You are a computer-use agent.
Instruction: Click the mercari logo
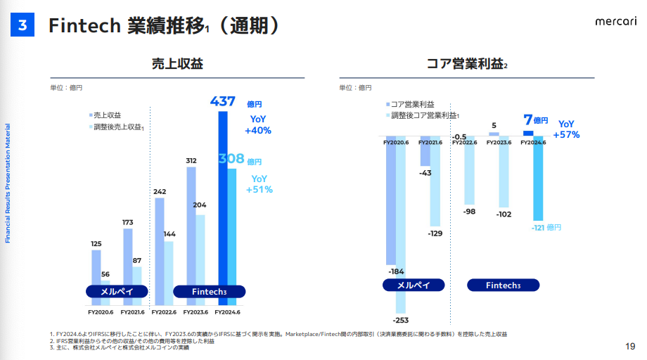616,22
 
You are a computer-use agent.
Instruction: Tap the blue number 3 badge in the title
23,25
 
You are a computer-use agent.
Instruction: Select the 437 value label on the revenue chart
222,101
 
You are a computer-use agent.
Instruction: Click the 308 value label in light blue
230,160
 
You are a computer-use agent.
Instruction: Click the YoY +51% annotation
259,184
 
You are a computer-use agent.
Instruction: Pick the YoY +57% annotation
566,129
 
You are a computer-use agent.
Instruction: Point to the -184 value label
396,271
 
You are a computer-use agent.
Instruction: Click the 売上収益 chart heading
177,64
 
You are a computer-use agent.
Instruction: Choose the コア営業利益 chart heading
466,64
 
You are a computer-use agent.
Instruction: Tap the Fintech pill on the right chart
503,285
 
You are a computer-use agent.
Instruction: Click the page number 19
629,347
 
